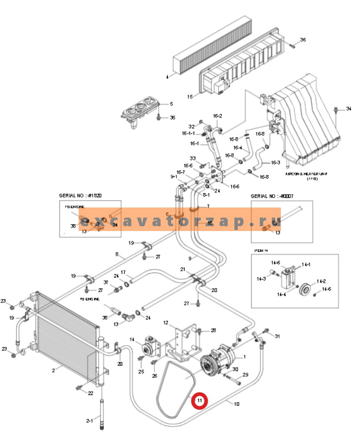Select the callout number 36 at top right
click(x=302, y=40)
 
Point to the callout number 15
click(x=190, y=96)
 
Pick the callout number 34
click(x=348, y=108)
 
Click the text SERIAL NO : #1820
click(x=80, y=196)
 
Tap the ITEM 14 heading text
click(x=261, y=250)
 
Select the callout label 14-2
click(x=321, y=281)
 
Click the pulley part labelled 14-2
click(x=303, y=290)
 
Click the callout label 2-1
click(x=89, y=421)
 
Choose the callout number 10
click(x=236, y=404)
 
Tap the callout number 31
click(x=277, y=336)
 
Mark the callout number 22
click(x=91, y=393)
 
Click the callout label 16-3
click(x=275, y=162)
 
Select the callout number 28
click(x=213, y=330)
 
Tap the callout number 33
click(x=193, y=159)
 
